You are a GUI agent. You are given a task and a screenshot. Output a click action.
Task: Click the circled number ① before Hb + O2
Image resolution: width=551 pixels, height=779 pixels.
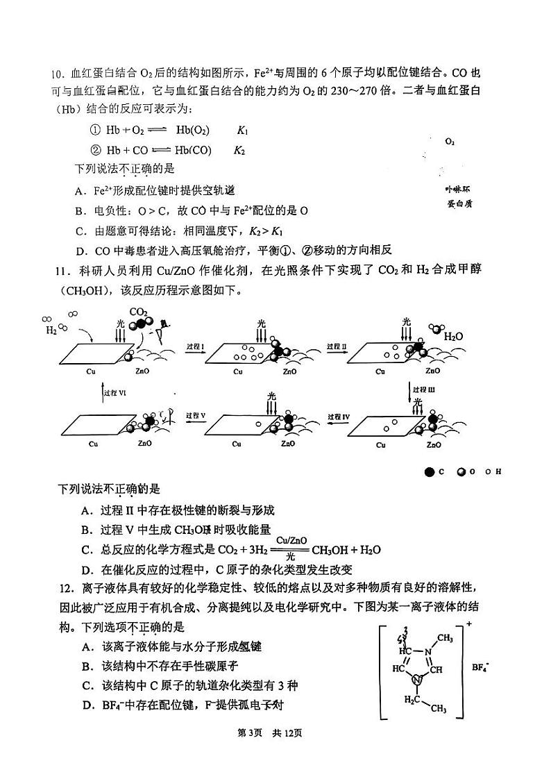pos(96,131)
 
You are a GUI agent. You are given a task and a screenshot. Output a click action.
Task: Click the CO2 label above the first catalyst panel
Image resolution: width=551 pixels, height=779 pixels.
pos(138,312)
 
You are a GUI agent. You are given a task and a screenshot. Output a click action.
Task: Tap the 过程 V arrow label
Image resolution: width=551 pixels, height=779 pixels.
pos(196,416)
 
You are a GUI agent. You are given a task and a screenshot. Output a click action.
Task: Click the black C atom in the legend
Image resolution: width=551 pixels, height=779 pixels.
pos(430,472)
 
